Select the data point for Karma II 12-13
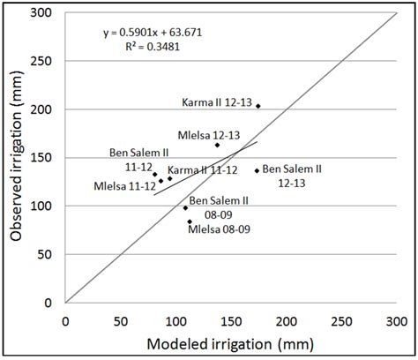click(x=258, y=106)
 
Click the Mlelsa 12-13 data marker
click(x=217, y=145)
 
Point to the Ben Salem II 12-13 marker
click(x=258, y=171)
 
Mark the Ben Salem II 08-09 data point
click(x=185, y=207)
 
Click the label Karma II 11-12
click(x=203, y=169)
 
